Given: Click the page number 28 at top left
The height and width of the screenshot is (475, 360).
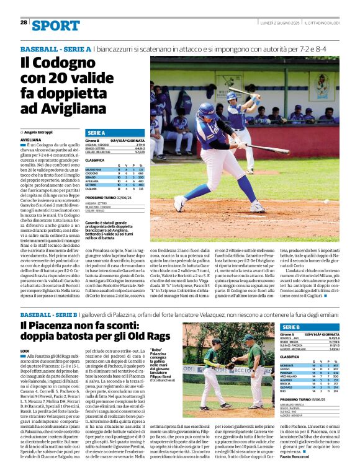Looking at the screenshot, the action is click(24, 22).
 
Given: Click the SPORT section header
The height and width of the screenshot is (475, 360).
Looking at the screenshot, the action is click(56, 25).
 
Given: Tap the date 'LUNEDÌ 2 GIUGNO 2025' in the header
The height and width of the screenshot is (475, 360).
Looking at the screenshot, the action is click(281, 23).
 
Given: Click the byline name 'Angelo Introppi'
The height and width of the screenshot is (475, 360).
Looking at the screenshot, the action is click(40, 132).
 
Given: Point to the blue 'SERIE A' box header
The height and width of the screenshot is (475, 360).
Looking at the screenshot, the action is click(97, 133).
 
